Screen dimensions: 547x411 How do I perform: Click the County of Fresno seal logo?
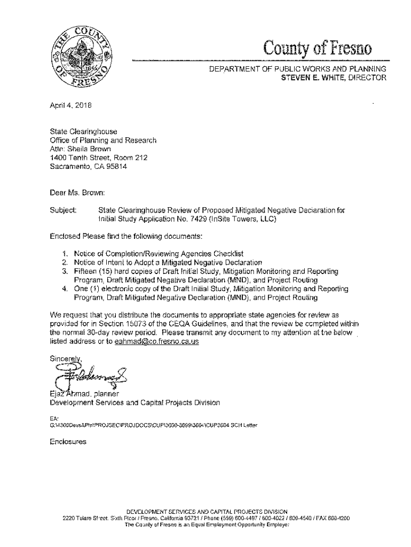(81, 60)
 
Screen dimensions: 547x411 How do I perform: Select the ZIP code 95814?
(117, 166)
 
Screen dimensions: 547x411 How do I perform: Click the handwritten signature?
(91, 371)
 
